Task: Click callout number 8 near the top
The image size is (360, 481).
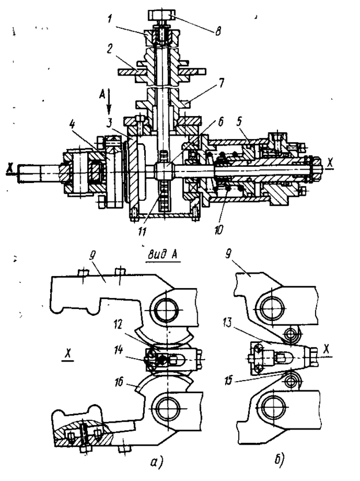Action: point(218,31)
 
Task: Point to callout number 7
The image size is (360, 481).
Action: point(220,83)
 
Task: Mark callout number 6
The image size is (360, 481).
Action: point(219,122)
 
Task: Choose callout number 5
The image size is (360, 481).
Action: point(239,121)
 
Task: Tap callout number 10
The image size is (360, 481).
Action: point(219,229)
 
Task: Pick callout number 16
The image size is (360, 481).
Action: point(119,382)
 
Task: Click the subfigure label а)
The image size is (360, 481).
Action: point(157,463)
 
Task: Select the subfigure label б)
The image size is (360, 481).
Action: point(279,460)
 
